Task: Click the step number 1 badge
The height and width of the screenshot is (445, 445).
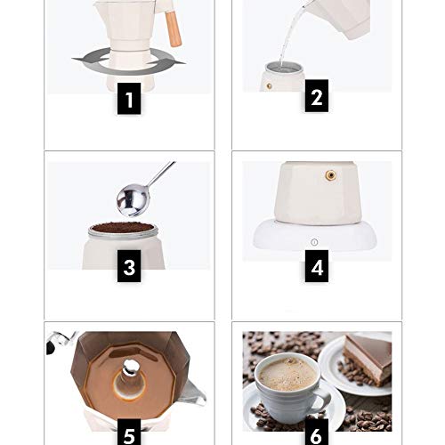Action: (x=129, y=100)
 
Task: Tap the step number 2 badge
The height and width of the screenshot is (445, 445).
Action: (x=316, y=98)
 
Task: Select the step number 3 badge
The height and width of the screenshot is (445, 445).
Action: (x=129, y=267)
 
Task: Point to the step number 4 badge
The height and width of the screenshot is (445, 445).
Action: (x=316, y=267)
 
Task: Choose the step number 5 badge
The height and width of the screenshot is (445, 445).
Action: (x=129, y=434)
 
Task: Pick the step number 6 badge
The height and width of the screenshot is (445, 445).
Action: (x=316, y=434)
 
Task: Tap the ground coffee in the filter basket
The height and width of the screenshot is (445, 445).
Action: (x=123, y=227)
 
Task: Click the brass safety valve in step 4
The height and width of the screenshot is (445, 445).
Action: (x=332, y=175)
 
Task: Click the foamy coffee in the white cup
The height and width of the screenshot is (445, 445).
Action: (x=287, y=373)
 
